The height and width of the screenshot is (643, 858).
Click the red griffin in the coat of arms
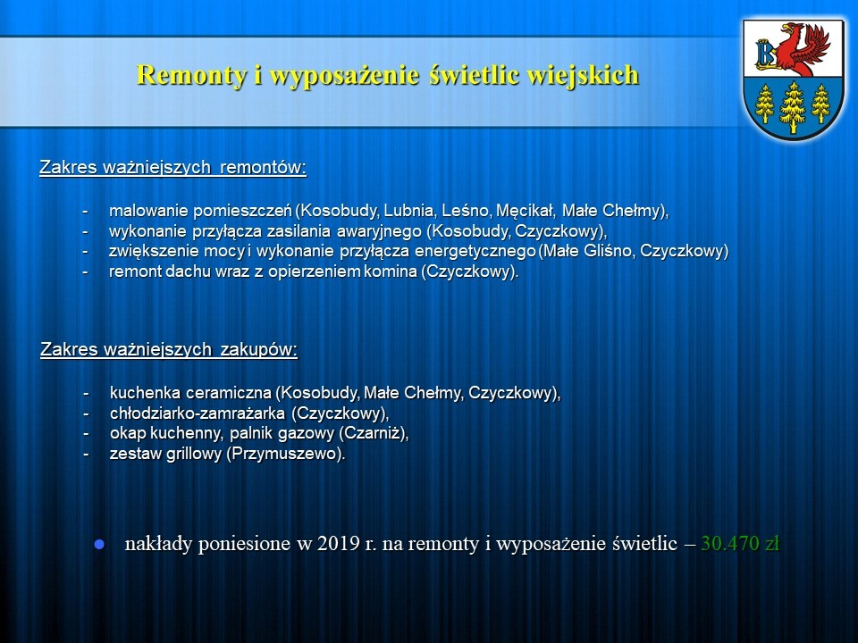coord(804,50)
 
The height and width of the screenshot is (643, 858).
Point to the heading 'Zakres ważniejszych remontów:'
coord(172,167)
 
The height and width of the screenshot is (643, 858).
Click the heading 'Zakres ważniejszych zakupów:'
coord(169,349)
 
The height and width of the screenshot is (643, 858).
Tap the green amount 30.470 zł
coord(740,544)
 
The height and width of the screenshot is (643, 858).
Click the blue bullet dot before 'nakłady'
coord(99,545)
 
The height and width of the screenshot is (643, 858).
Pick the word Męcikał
coord(525,211)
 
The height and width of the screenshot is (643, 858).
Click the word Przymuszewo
coord(283,454)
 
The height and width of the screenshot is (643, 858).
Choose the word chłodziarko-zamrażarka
coord(197,413)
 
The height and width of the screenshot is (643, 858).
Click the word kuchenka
coord(145,393)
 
